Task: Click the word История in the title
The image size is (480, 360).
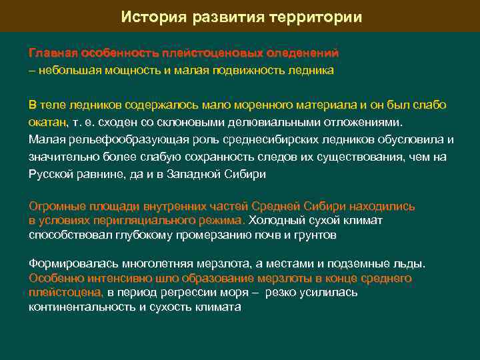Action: coord(151,17)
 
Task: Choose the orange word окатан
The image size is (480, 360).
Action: coord(47,123)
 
